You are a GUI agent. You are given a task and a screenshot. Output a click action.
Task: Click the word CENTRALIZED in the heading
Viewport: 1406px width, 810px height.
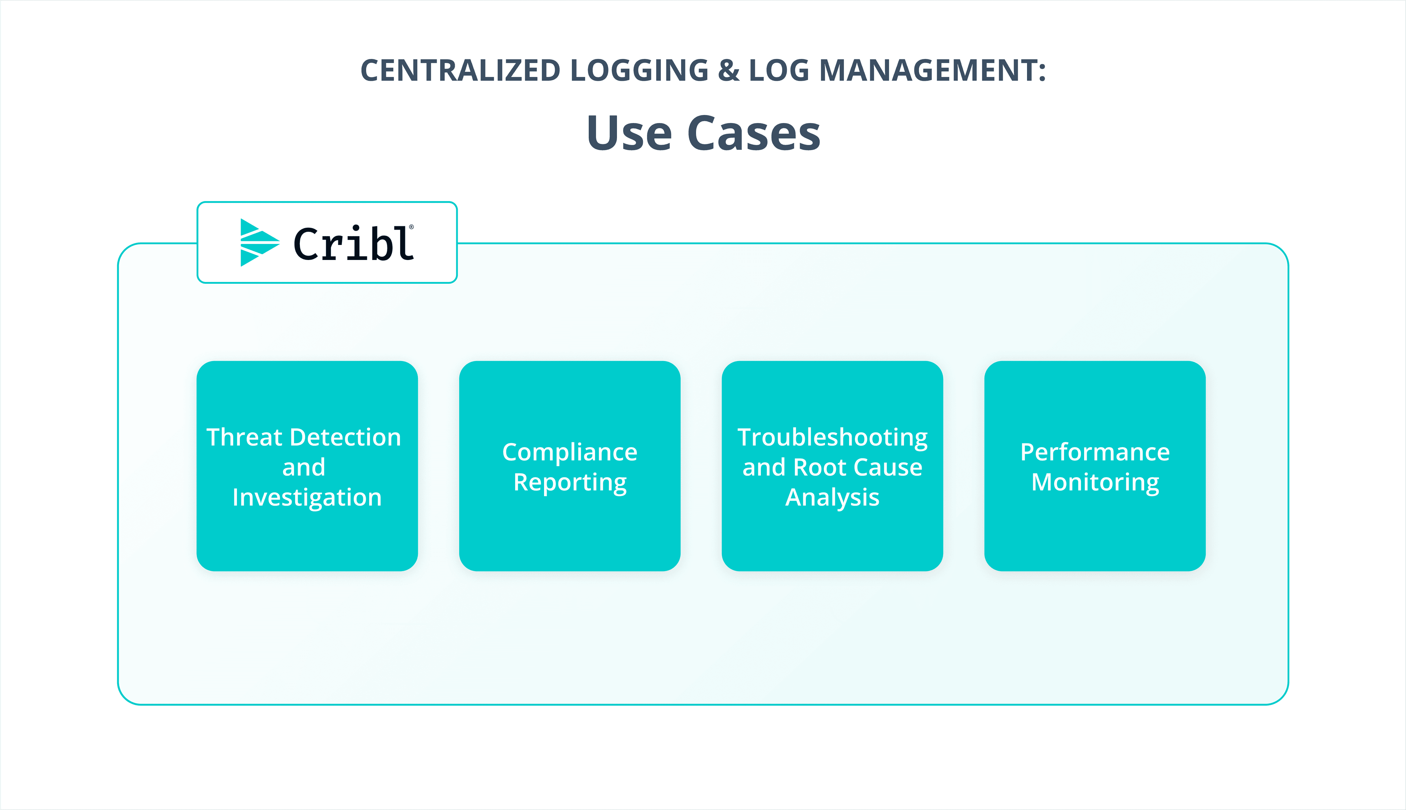[x=460, y=71]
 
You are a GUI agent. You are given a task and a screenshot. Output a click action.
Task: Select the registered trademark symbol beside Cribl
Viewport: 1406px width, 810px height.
[x=412, y=227]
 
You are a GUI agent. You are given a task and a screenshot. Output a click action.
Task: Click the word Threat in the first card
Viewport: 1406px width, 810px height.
[x=245, y=437]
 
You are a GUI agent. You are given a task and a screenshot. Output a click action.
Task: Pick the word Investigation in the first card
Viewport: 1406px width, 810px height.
[x=307, y=497]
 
